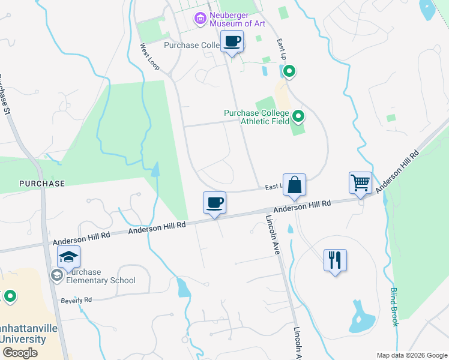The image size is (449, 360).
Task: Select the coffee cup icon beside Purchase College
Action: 232,42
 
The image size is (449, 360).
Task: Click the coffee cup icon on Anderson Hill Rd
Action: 214,202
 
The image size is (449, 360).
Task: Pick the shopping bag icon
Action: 295,185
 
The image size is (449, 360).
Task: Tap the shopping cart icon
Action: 360,182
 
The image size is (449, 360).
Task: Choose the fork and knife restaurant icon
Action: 335,260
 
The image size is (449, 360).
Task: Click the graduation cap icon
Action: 69,257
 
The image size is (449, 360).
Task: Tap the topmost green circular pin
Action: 289,72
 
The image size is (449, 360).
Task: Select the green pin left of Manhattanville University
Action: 10,296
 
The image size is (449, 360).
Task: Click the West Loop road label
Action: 150,56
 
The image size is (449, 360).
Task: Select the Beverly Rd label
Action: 76,299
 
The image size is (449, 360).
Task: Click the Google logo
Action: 20,353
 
